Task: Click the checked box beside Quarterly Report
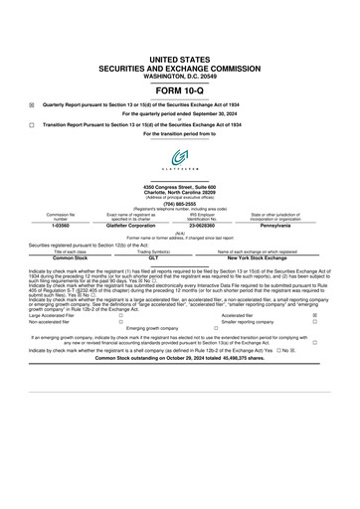coord(32,104)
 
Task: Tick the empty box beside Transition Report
coord(32,124)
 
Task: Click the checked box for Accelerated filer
coord(314,315)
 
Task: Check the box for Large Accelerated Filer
coord(120,315)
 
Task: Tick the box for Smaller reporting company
coord(314,322)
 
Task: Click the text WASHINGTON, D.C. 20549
coord(180,49)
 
